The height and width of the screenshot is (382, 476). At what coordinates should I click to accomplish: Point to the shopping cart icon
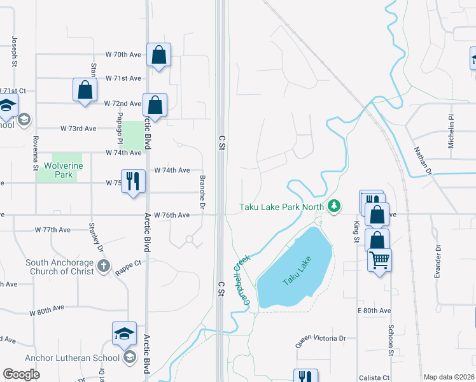(x=379, y=259)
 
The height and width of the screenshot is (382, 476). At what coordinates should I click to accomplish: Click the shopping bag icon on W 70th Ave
(x=158, y=55)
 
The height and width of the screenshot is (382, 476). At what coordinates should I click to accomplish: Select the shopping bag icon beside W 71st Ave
(x=85, y=90)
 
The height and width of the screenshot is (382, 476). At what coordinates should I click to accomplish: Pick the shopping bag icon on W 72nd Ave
(x=155, y=105)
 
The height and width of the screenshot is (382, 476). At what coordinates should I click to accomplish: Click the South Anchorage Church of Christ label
(x=60, y=267)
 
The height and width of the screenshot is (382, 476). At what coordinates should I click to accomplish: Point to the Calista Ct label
(x=373, y=378)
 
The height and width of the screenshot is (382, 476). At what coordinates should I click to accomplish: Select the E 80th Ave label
(x=374, y=310)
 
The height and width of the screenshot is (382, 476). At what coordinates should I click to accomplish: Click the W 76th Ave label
(x=172, y=215)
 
